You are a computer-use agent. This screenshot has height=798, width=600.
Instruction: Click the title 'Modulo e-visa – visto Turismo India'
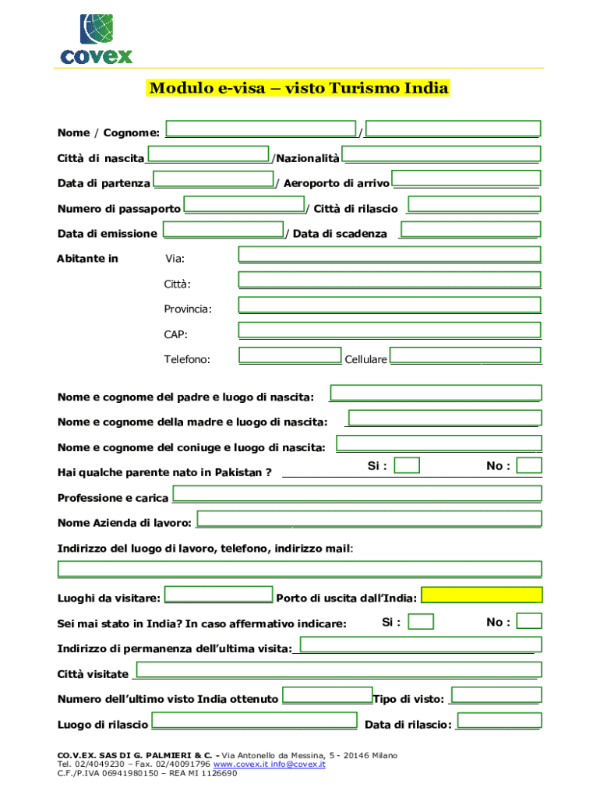298,88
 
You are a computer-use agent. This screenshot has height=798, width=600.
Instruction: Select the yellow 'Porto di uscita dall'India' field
482,595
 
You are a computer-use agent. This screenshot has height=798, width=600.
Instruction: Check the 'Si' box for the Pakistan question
407,465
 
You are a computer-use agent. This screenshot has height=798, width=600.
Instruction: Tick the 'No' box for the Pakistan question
529,465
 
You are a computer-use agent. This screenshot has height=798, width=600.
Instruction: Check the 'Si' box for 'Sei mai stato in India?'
422,621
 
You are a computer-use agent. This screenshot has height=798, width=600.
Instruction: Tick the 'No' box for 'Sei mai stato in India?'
529,621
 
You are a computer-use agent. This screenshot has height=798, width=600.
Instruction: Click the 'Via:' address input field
389,255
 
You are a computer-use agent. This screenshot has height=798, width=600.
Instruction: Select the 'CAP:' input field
389,330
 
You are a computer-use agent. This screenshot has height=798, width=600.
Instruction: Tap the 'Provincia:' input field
389,305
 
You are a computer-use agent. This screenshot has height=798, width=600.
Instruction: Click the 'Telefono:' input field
290,356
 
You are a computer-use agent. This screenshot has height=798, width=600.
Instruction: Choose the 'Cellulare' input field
465,356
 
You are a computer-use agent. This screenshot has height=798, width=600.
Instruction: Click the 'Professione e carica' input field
356,494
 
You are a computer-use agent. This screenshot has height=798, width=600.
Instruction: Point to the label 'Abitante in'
88,258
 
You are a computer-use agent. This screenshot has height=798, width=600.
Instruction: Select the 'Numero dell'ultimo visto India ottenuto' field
326,696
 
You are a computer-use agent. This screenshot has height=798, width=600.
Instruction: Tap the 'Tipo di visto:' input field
495,696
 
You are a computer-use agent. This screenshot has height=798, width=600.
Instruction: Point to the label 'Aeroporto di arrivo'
337,183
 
